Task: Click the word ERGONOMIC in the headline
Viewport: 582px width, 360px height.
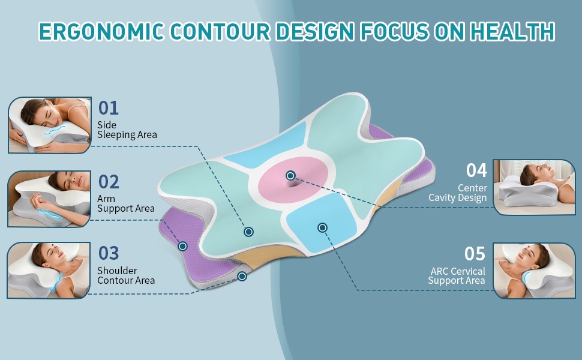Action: pyautogui.click(x=102, y=31)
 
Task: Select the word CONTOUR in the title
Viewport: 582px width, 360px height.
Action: pyautogui.click(x=220, y=31)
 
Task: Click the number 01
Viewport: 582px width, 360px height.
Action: pyautogui.click(x=109, y=108)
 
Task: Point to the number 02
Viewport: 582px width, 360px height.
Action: pyautogui.click(x=109, y=182)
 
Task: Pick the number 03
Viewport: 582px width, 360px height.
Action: pyautogui.click(x=109, y=253)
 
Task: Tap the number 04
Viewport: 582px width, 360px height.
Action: pyautogui.click(x=476, y=170)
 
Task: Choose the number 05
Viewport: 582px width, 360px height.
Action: pyautogui.click(x=475, y=254)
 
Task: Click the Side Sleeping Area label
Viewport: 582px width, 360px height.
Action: pyautogui.click(x=127, y=130)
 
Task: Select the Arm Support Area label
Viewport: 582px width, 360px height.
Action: pyautogui.click(x=126, y=204)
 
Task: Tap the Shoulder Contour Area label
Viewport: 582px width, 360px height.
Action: pyautogui.click(x=126, y=275)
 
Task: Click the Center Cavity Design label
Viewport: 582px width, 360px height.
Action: pyautogui.click(x=458, y=193)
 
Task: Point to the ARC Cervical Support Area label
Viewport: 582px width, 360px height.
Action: pyautogui.click(x=457, y=276)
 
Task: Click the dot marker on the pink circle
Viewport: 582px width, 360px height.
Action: pyautogui.click(x=290, y=175)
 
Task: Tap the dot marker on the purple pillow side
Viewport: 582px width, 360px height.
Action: pyautogui.click(x=182, y=246)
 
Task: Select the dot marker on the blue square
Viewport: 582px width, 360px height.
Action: pyautogui.click(x=322, y=227)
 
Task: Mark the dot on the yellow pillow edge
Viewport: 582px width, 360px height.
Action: pyautogui.click(x=242, y=276)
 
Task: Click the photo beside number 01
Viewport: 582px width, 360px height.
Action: pyautogui.click(x=50, y=125)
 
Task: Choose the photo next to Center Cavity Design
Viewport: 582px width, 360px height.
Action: pyautogui.click(x=534, y=187)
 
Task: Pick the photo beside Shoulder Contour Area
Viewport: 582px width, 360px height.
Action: pyautogui.click(x=49, y=270)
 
